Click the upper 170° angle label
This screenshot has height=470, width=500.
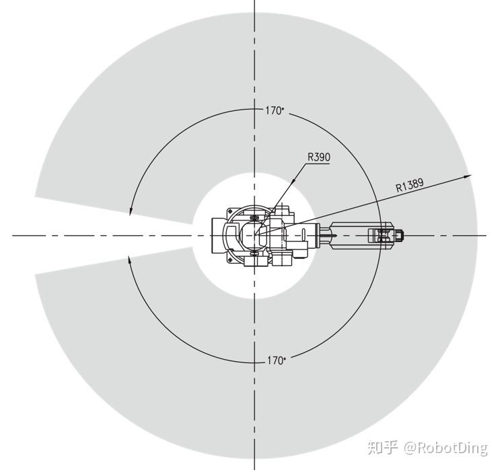tap(275, 111)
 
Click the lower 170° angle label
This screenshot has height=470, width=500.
tap(276, 360)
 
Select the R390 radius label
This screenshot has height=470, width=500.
tap(319, 157)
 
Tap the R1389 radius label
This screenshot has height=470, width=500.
tap(410, 185)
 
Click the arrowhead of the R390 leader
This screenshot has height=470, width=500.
tap(293, 181)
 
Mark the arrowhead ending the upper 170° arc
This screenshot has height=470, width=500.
tap(130, 211)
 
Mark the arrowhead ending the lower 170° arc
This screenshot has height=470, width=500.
tap(129, 260)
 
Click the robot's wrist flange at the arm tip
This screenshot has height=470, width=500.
tap(400, 235)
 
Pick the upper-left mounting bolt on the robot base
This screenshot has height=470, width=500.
tap(230, 211)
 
